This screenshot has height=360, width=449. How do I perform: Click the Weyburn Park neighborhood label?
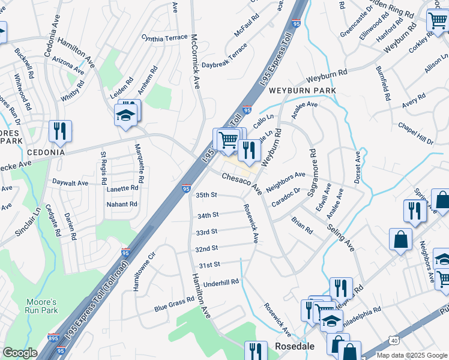[x=302, y=90]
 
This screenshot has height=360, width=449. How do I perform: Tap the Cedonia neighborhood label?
[x=45, y=152]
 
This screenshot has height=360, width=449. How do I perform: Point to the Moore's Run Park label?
[x=42, y=306]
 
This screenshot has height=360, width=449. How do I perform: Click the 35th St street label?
[x=206, y=195]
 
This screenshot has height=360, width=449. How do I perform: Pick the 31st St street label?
[x=210, y=264]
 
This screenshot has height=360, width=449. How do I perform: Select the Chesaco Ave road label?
[x=242, y=184]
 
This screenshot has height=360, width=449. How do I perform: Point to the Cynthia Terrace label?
[x=164, y=37]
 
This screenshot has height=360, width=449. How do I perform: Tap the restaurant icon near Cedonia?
[x=60, y=131]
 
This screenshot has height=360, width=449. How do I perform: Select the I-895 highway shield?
[x=54, y=338]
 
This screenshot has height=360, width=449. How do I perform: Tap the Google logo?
[x=20, y=353]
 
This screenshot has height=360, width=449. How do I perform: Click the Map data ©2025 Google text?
[x=411, y=355]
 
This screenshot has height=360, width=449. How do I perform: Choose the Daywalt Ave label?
[x=70, y=182]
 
